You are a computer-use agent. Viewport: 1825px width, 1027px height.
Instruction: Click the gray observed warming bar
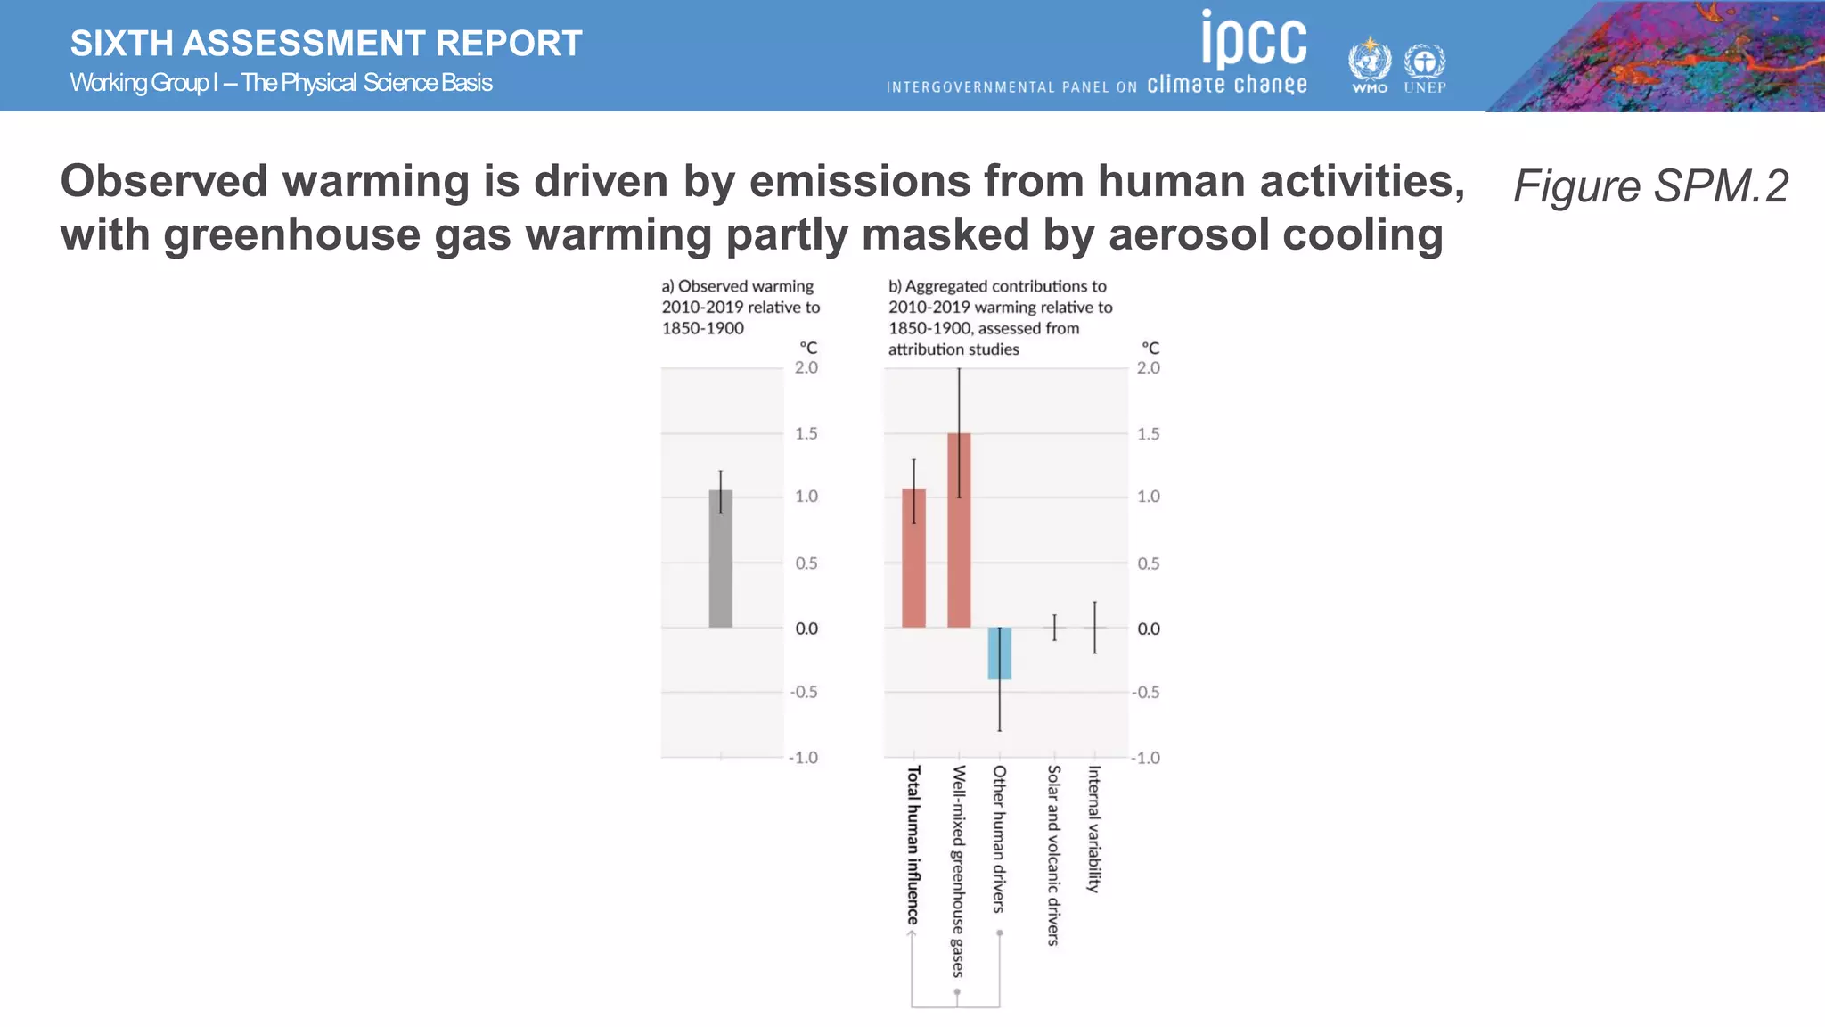(x=720, y=559)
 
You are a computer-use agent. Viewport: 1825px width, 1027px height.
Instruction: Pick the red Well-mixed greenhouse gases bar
(x=959, y=530)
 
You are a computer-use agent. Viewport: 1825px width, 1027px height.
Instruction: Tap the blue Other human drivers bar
(x=999, y=653)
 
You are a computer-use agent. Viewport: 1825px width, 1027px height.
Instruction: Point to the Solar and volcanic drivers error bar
(x=1054, y=628)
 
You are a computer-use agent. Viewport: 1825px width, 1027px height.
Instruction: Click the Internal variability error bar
(x=1094, y=628)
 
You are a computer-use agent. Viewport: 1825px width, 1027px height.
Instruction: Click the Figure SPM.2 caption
(x=1650, y=186)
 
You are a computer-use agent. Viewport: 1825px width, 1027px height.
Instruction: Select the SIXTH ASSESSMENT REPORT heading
(x=326, y=44)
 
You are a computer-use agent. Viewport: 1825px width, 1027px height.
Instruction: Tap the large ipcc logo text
(x=1254, y=39)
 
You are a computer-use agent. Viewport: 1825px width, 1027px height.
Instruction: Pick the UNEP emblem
(x=1425, y=64)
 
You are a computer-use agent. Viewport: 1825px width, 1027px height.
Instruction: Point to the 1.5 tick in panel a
(x=806, y=434)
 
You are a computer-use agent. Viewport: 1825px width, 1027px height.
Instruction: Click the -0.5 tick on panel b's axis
(x=1146, y=693)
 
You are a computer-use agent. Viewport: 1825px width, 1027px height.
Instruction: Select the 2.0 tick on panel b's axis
(x=1149, y=368)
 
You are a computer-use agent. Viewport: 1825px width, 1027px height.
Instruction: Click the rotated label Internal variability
(x=1094, y=828)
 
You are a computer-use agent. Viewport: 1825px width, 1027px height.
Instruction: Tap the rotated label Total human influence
(x=913, y=844)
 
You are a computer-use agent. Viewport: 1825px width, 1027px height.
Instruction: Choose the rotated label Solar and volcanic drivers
(x=1053, y=855)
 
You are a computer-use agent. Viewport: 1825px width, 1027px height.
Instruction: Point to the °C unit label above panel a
(x=808, y=348)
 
